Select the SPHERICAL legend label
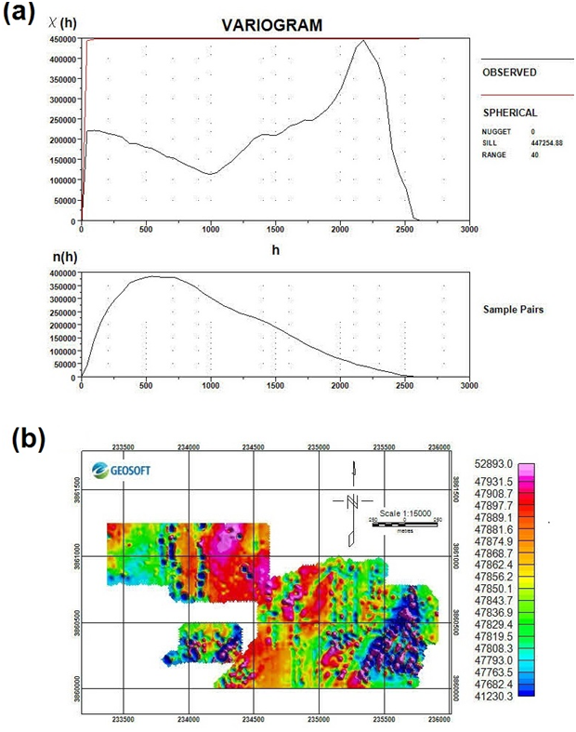509,112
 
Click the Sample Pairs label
512,307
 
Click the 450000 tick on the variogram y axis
60,39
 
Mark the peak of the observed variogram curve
363,41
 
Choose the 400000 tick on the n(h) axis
60,273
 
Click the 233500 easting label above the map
124,446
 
